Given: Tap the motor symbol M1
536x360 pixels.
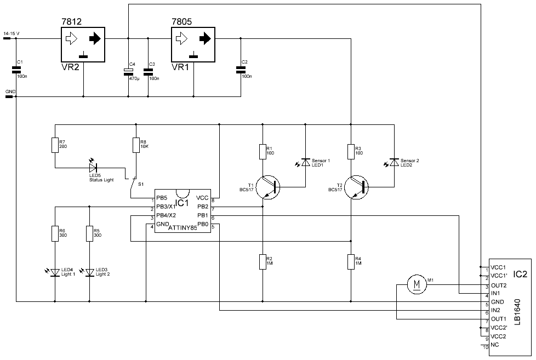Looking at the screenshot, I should click(418, 284).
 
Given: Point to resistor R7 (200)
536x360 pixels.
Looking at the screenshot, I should click(55, 145).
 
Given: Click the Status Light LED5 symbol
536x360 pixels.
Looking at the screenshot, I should click(93, 167).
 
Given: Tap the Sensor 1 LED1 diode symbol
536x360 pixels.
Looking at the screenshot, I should click(305, 162).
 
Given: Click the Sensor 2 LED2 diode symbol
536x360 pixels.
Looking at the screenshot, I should click(393, 162).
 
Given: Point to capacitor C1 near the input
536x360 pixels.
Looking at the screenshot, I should click(16, 69).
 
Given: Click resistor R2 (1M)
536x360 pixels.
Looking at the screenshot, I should click(263, 261).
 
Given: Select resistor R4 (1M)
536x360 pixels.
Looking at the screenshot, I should click(351, 261).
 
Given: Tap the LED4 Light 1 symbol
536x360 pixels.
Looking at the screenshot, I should click(55, 272).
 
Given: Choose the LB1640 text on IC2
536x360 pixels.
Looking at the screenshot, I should click(518, 314).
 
